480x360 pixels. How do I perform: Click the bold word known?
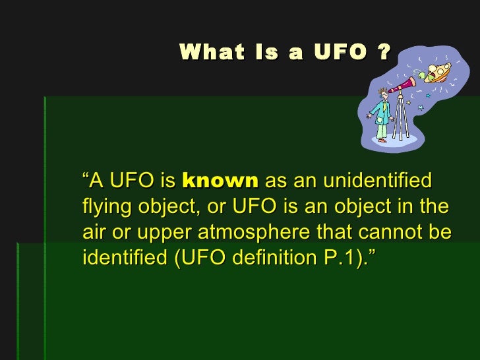[220, 181]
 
